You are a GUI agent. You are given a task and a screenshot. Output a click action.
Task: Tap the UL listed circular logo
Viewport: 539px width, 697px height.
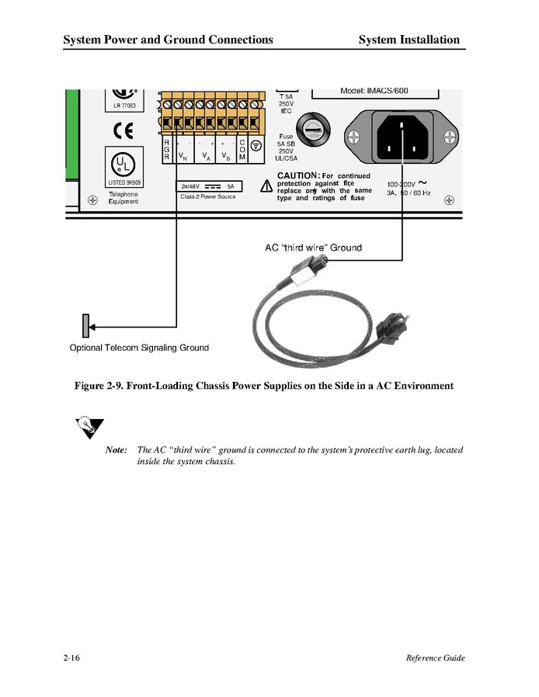(x=123, y=164)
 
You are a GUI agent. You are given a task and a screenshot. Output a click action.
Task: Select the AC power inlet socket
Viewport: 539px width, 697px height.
(x=402, y=137)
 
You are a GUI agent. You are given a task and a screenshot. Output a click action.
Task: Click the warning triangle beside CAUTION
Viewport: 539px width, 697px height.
(x=266, y=186)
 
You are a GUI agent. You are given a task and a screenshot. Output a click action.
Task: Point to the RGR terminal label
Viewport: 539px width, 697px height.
(x=166, y=150)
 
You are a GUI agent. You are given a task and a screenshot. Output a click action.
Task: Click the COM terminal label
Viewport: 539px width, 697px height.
(x=242, y=150)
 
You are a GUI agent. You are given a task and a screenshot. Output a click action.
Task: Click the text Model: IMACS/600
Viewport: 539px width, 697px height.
(x=374, y=91)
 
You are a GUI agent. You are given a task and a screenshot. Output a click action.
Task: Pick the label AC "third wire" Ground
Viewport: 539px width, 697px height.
(x=313, y=248)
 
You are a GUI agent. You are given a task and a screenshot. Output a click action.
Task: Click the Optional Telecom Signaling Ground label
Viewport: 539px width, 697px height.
(x=139, y=348)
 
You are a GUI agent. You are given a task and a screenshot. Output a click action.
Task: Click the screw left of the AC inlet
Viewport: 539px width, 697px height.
(x=353, y=137)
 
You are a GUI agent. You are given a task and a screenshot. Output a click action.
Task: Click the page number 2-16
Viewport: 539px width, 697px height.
(x=72, y=658)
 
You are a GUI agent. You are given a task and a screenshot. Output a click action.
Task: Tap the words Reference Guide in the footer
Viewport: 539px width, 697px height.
(x=435, y=658)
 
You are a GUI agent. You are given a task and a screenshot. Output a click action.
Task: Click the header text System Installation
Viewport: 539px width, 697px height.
(x=409, y=40)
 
